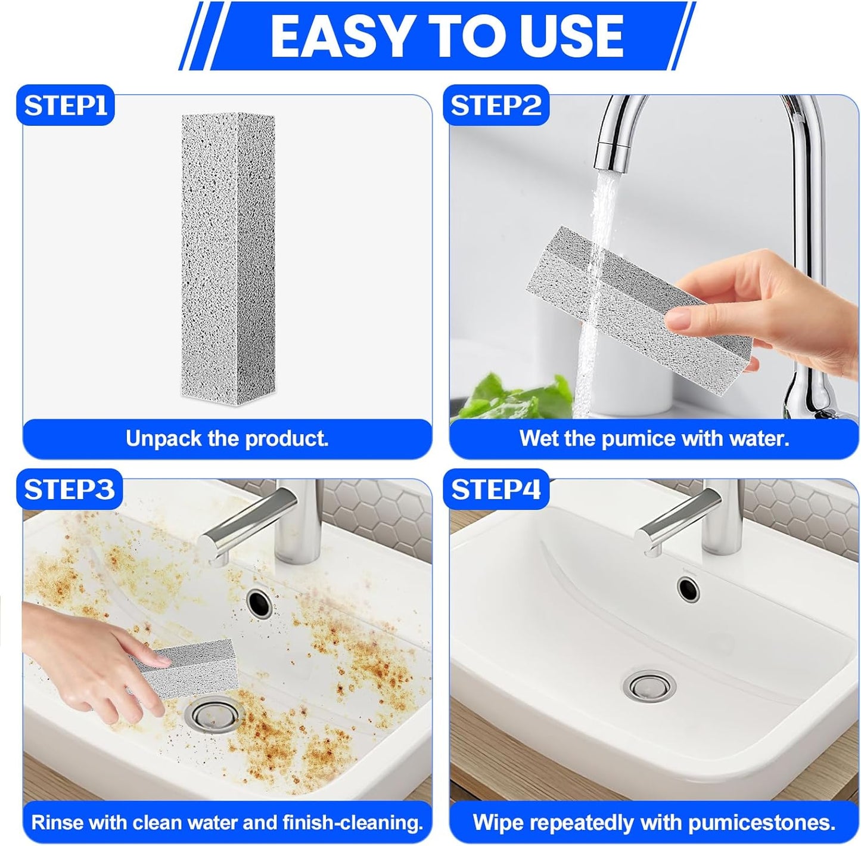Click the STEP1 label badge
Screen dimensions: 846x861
(66, 106)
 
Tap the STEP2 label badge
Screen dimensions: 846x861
(496, 106)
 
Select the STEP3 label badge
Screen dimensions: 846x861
(69, 489)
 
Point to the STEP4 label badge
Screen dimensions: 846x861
(496, 489)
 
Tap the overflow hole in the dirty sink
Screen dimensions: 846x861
(259, 603)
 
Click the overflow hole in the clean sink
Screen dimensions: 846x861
(688, 588)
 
